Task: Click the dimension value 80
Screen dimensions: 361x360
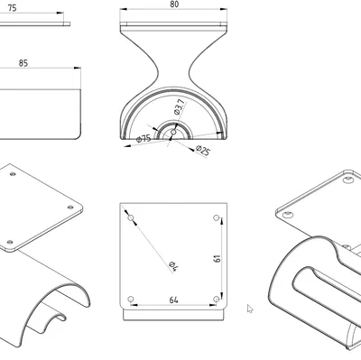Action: (x=174, y=5)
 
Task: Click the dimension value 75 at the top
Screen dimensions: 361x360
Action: (x=12, y=8)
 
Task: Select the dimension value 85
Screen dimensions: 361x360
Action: (x=23, y=63)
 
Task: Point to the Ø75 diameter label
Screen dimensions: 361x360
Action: (x=143, y=139)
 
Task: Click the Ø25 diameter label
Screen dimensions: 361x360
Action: (x=202, y=151)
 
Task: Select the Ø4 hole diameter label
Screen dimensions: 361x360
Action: (x=174, y=266)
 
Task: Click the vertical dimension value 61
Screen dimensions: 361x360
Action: (x=218, y=258)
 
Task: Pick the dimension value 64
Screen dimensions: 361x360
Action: (x=173, y=300)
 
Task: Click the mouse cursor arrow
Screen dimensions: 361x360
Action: (x=250, y=309)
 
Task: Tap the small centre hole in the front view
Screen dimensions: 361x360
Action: (x=173, y=132)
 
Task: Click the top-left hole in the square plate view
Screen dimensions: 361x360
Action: (x=131, y=217)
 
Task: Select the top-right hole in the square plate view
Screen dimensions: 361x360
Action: (x=216, y=217)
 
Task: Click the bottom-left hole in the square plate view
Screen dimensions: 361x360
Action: (x=131, y=299)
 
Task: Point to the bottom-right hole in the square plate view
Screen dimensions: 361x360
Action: (x=216, y=299)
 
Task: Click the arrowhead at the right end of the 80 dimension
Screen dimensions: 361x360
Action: (x=224, y=9)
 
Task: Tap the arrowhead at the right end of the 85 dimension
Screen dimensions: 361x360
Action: (x=78, y=68)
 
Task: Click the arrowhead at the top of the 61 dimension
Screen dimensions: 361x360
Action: (x=222, y=221)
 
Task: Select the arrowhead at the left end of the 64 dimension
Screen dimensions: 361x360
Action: (x=134, y=305)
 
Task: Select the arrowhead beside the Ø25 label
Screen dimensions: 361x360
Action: (x=191, y=149)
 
